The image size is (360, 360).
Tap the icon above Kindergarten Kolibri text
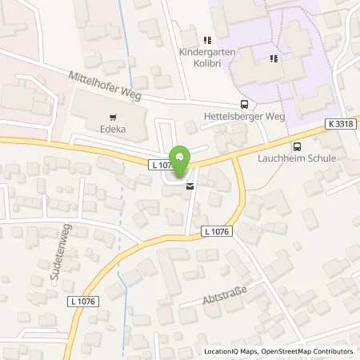[206, 39]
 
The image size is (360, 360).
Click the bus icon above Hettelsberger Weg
[244, 104]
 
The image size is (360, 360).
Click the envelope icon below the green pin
[190, 186]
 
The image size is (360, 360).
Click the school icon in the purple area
[274, 58]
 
